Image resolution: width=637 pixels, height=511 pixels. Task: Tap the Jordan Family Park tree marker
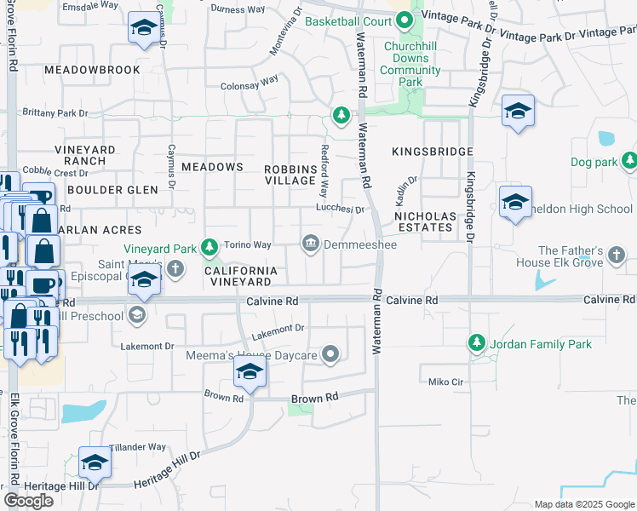(476, 344)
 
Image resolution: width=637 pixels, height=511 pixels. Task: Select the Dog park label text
(593, 161)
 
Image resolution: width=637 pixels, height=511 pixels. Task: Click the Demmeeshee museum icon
(311, 244)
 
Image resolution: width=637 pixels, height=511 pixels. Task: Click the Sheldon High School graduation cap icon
(515, 203)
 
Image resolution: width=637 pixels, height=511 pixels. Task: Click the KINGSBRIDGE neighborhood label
(432, 152)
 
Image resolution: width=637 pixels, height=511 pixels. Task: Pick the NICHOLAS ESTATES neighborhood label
(424, 221)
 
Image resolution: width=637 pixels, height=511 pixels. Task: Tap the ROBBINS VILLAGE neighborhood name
(290, 175)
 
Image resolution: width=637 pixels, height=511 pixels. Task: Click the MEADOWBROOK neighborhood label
(92, 69)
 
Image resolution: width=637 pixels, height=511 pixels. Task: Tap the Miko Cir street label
(445, 382)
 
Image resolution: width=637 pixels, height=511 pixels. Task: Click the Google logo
(28, 501)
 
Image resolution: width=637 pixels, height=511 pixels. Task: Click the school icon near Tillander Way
(95, 462)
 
